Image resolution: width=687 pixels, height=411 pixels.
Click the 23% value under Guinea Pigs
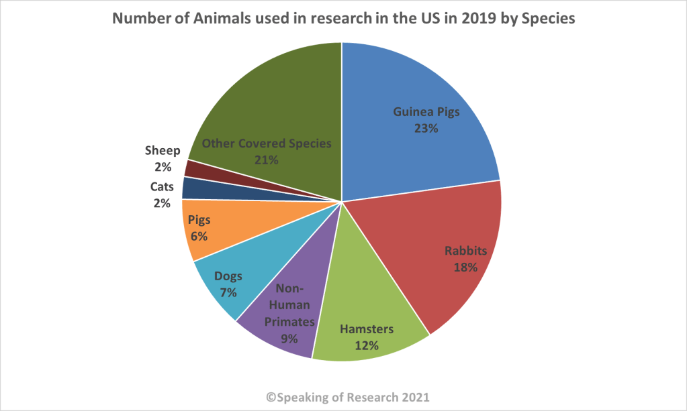click(426, 127)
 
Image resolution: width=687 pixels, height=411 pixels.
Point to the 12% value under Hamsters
click(366, 345)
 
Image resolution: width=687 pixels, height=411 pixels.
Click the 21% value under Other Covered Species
click(267, 160)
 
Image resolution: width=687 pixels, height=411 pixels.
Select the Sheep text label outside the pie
click(163, 150)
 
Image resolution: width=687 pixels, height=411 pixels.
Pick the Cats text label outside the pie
click(163, 186)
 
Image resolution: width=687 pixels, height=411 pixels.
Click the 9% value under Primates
click(289, 338)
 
